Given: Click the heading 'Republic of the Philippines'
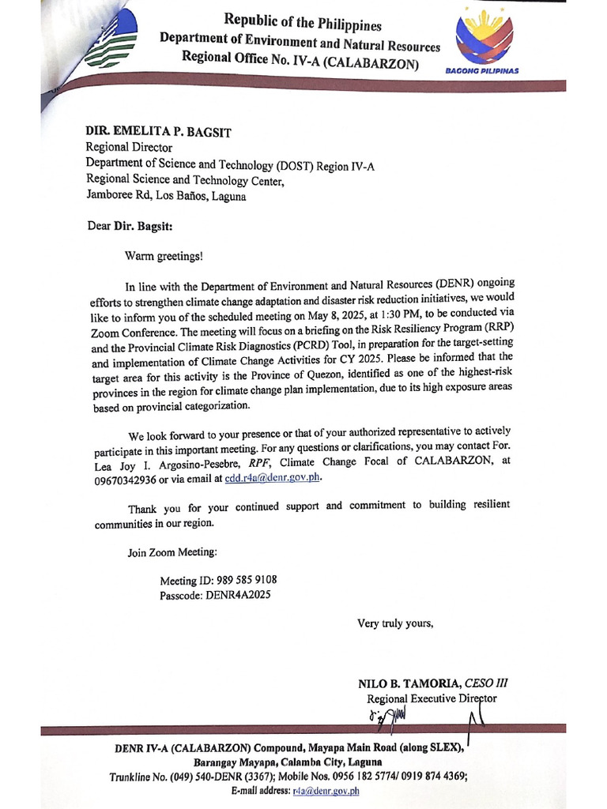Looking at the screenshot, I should [x=292, y=21].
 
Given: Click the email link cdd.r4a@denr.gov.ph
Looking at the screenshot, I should [x=273, y=478].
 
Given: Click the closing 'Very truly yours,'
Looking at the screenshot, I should [x=395, y=623].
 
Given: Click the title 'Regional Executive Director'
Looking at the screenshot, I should [x=432, y=698].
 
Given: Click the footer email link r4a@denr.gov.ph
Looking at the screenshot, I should [x=326, y=790].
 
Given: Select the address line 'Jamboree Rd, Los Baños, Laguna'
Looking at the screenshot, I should [x=166, y=196].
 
